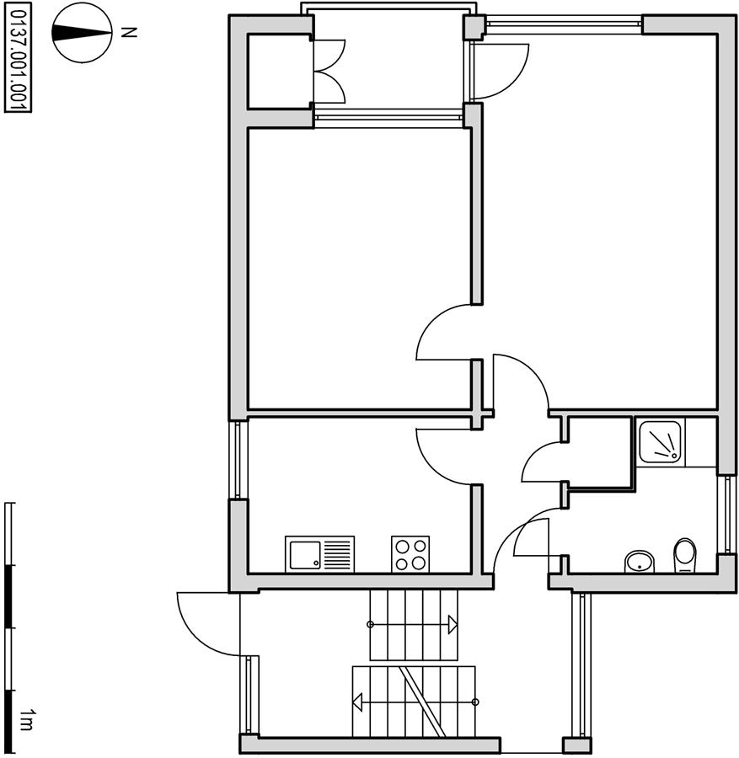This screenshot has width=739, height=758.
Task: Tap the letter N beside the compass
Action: click(128, 33)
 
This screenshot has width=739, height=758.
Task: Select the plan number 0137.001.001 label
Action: click(18, 57)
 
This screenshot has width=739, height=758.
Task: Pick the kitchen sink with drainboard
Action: click(319, 554)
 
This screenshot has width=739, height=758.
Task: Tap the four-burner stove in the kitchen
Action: click(410, 554)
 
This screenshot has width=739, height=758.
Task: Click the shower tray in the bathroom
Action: click(660, 442)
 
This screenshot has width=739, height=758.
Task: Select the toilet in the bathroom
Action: click(684, 556)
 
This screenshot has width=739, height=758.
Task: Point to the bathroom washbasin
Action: click(640, 562)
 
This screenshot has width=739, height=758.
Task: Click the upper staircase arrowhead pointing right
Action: click(453, 625)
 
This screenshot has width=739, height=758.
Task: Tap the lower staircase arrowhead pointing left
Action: click(358, 702)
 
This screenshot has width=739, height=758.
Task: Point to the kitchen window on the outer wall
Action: click(238, 459)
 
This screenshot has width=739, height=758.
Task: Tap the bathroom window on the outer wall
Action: click(727, 515)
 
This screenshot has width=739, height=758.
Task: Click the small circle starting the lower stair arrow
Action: click(475, 702)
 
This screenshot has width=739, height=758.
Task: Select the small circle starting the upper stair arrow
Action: click(371, 625)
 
